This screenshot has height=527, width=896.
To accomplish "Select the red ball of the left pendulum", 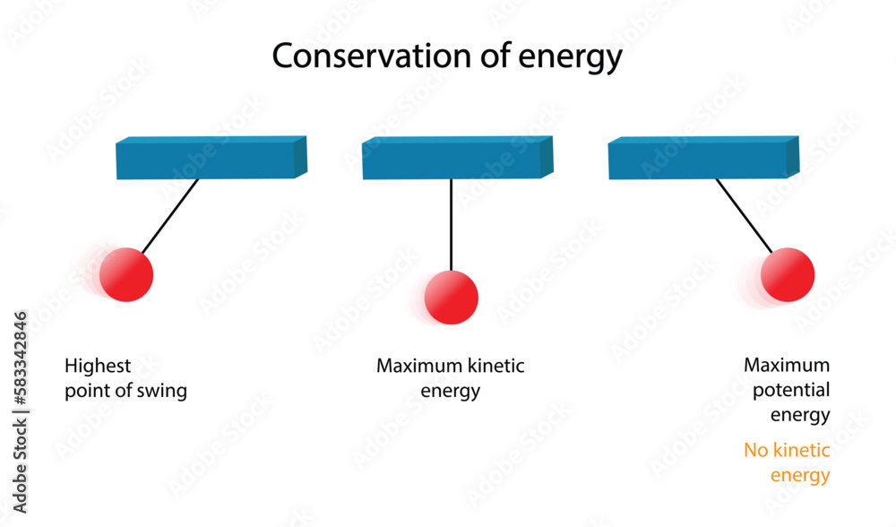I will coord(126,274).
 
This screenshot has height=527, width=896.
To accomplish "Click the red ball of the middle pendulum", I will coord(452,297).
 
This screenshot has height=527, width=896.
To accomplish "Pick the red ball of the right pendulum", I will coord(788,274).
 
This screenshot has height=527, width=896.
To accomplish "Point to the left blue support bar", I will coord(210,159).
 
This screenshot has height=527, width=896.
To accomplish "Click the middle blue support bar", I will coord(456,159).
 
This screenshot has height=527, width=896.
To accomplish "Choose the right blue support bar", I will coord(702,159).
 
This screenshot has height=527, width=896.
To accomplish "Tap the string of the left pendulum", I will coord(170,216).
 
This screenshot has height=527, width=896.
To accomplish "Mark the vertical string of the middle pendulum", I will coord(452,224).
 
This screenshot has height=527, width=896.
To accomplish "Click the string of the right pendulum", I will coord(744,216).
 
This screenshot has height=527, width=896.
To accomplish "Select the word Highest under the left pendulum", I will coord(98,366).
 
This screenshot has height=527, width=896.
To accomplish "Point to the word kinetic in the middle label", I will coord(495,366).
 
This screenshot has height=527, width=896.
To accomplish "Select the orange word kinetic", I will coord(803,450).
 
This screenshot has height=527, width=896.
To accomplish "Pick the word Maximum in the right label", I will coord(787,366).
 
